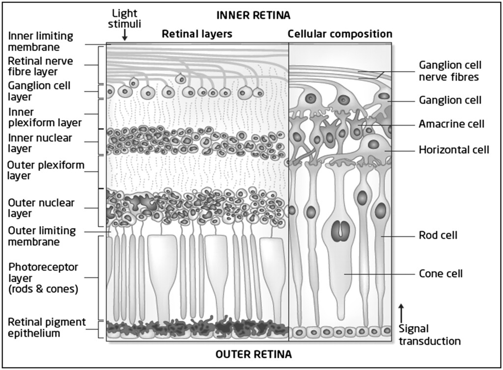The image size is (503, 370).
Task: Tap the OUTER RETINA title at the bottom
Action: (253, 354)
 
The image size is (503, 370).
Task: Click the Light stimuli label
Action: (125, 19)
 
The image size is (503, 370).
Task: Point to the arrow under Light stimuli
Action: (125, 34)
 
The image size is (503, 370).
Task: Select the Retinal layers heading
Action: (197, 34)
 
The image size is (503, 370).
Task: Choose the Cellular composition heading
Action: (340, 34)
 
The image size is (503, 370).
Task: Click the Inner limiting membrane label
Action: (40, 41)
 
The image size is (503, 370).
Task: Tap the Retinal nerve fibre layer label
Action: (40, 66)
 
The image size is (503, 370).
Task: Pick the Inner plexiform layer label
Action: (44, 117)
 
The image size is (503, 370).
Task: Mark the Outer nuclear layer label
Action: (41, 208)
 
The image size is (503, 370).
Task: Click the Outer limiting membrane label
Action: (42, 236)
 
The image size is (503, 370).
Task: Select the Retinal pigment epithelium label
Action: (47, 327)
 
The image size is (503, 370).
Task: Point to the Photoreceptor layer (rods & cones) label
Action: (43, 278)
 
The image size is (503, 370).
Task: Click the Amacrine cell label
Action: (451, 124)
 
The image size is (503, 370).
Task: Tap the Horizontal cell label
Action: (453, 150)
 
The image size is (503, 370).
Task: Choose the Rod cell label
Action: (438, 236)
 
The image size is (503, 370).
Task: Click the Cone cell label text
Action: (441, 273)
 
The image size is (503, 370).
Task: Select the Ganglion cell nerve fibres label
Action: (449, 71)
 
